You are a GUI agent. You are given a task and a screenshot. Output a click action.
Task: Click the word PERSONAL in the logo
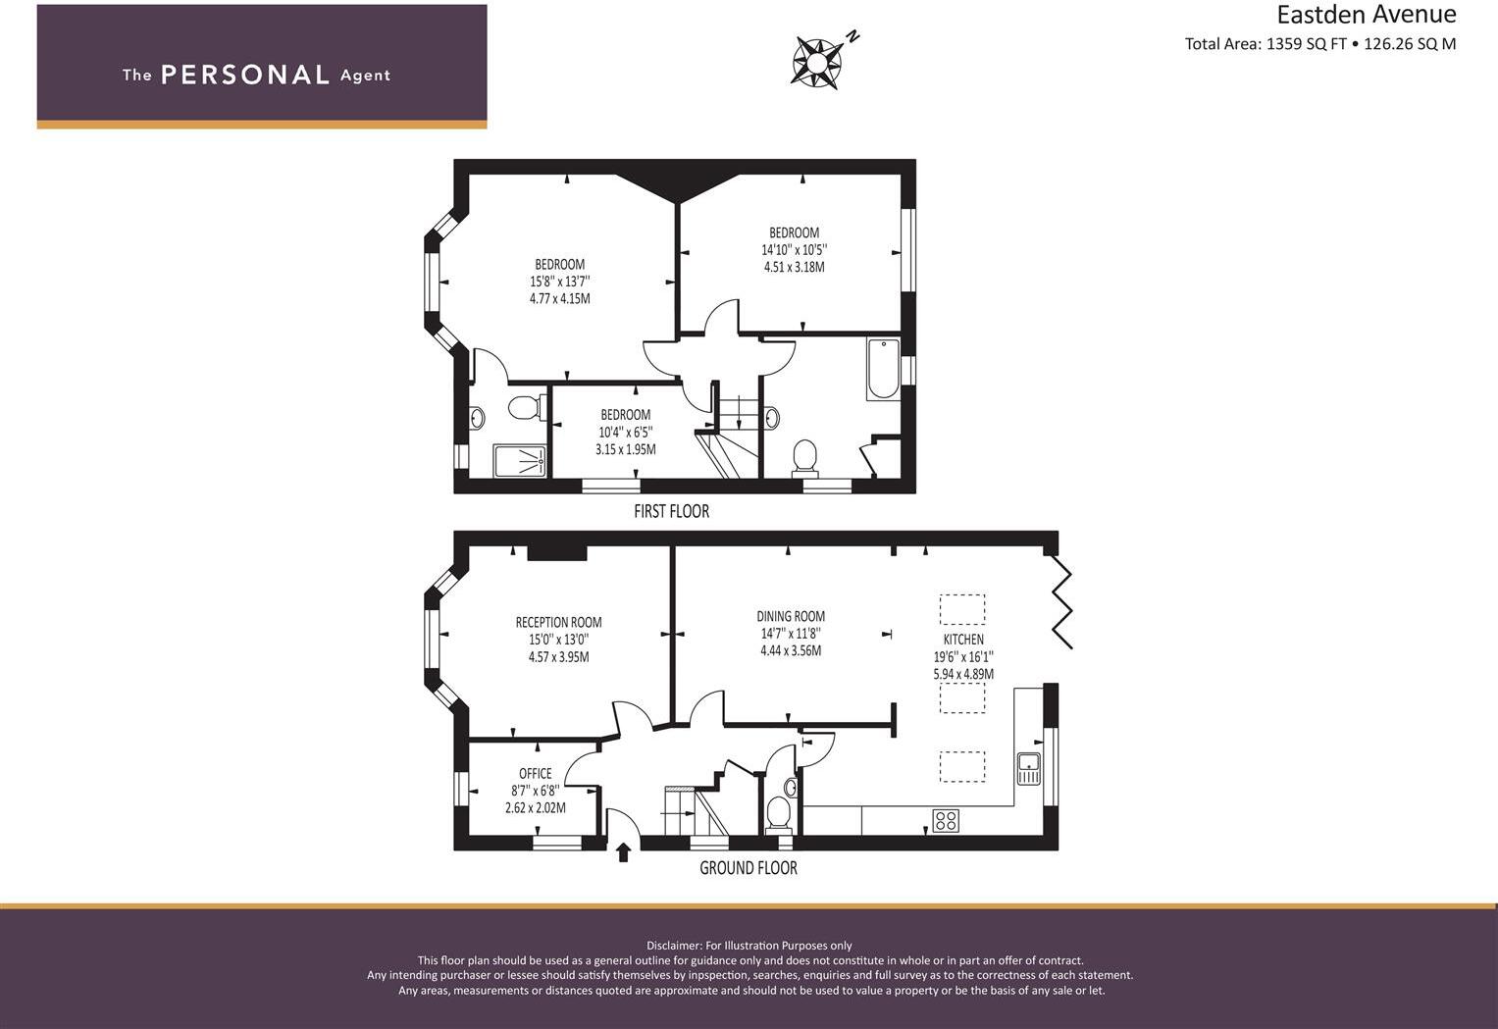244,76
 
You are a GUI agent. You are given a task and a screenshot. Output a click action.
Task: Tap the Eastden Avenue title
1365,15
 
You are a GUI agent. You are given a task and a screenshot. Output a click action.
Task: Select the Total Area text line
1319,44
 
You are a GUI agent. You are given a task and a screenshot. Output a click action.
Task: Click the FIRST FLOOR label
671,511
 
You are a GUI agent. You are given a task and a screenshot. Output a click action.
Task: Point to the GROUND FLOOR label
748,868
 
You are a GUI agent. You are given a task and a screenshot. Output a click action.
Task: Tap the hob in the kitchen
946,820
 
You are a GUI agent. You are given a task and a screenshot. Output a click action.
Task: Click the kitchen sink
1028,768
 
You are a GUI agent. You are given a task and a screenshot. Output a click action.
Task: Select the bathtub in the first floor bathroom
883,369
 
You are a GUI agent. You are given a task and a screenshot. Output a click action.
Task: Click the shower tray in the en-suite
521,461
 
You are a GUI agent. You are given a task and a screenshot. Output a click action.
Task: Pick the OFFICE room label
536,774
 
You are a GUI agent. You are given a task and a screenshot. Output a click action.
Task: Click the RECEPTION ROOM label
558,622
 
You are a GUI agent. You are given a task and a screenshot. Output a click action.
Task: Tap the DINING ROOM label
791,616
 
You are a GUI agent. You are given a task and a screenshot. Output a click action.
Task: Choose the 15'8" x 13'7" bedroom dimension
559,282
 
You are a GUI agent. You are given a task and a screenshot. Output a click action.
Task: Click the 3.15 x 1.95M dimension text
625,449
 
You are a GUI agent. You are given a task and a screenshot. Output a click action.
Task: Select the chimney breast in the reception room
557,553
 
